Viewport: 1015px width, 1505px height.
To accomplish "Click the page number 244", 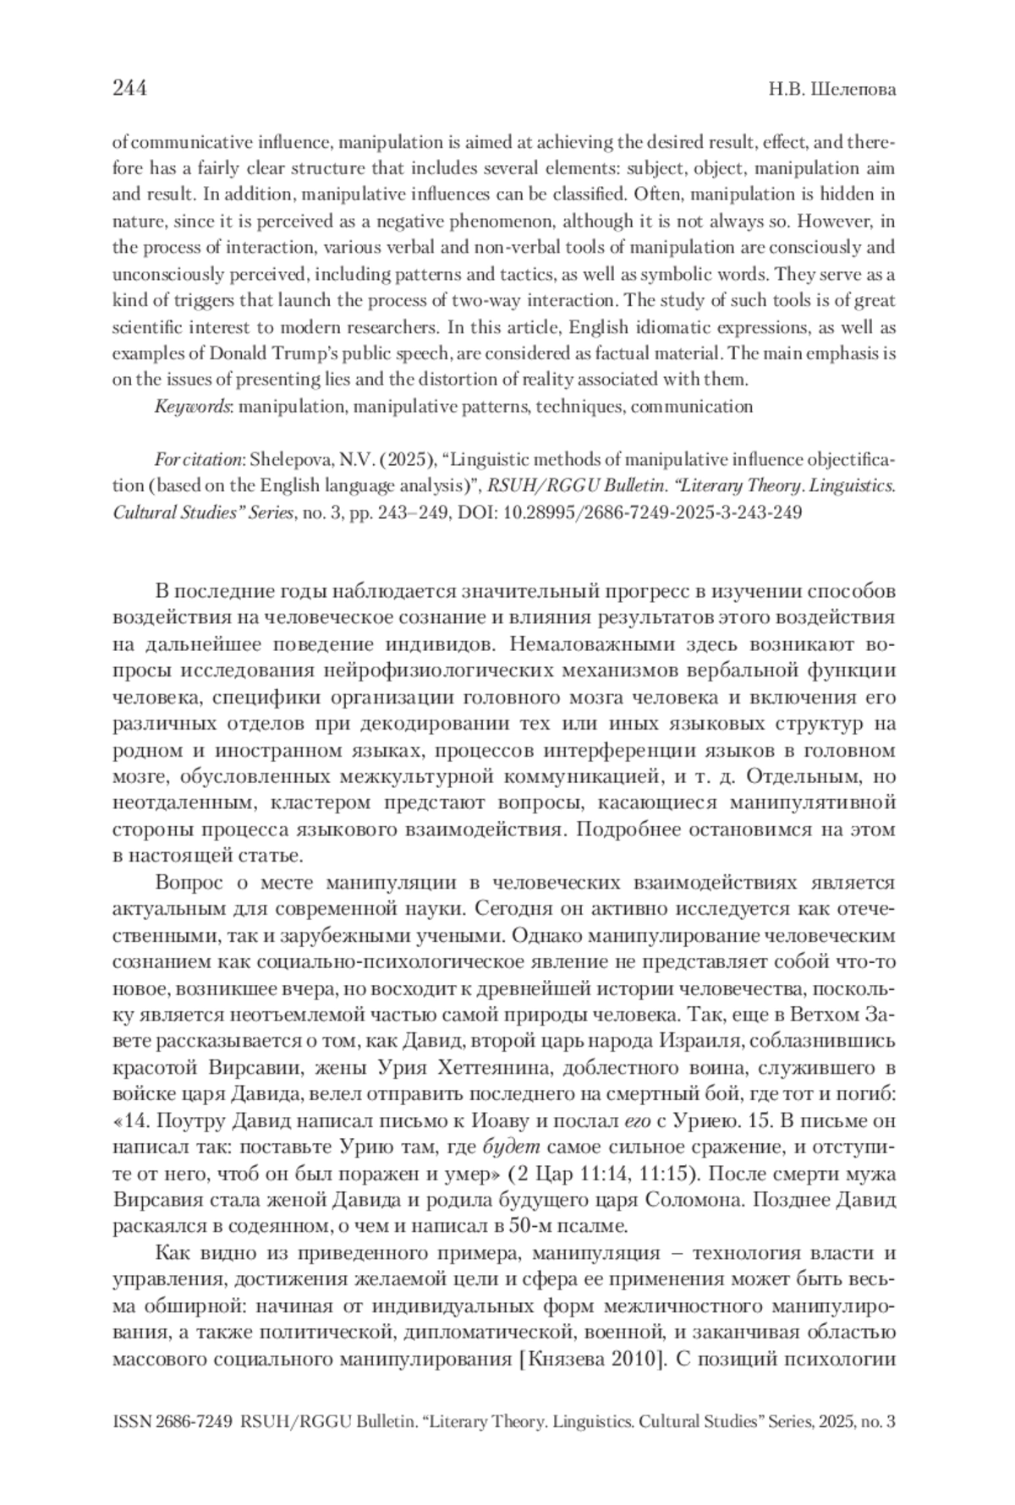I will point(130,88).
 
